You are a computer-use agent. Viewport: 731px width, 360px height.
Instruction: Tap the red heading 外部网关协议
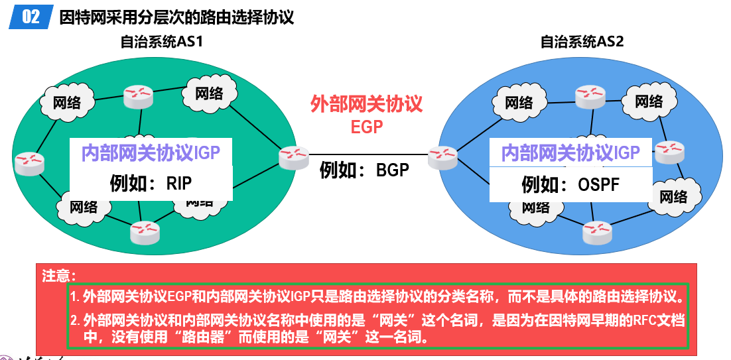pos(366,104)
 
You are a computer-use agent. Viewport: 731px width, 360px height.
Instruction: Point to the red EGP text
pos(367,126)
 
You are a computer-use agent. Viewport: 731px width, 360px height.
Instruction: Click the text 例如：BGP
pos(364,170)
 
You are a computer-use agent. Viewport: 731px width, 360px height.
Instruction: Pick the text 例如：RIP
pos(151,182)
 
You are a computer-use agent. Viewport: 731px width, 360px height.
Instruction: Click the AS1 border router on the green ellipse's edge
pos(293,157)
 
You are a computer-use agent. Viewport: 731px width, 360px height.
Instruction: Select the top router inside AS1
pos(138,97)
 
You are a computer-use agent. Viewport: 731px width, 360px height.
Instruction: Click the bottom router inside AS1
pos(145,231)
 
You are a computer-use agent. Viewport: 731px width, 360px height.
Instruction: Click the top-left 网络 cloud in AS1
pos(67,102)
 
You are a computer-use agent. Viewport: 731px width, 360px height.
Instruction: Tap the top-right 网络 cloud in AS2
pos(648,101)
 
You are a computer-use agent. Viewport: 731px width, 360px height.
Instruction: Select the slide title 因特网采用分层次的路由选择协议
pos(176,17)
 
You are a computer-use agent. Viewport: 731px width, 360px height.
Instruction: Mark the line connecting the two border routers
pos(367,155)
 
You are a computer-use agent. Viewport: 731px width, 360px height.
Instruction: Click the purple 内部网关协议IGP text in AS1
pos(151,154)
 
